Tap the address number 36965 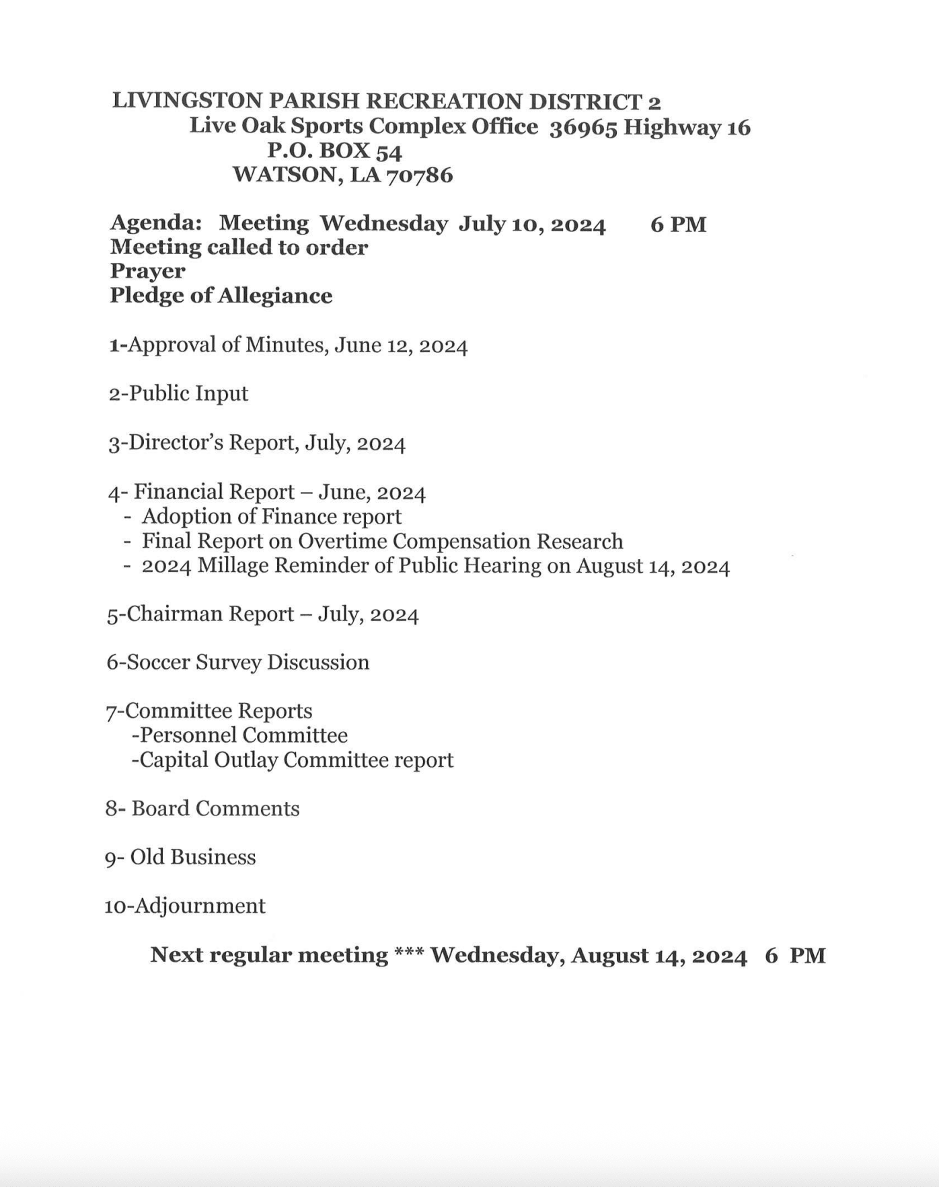[x=583, y=128]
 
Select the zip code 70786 [x=419, y=176]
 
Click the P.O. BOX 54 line [x=334, y=151]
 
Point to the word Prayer [x=147, y=271]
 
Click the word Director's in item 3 [x=176, y=443]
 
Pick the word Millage [x=232, y=566]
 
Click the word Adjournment [x=200, y=906]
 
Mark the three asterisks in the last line [x=409, y=954]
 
